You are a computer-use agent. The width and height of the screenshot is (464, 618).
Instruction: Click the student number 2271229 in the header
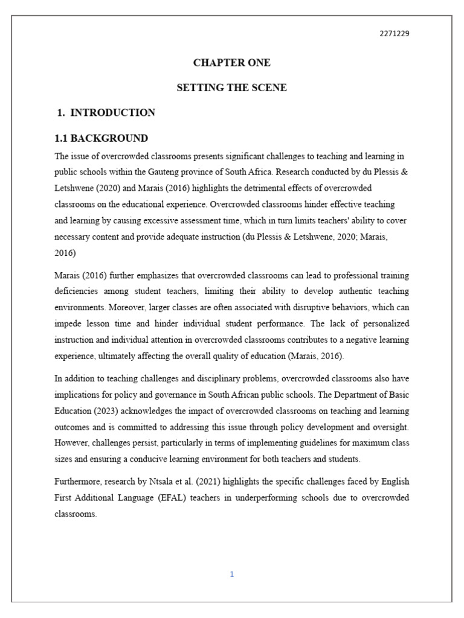[394, 33]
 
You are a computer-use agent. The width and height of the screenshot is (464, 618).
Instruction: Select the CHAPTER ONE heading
[231, 63]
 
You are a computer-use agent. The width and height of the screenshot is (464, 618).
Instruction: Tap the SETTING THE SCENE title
[231, 88]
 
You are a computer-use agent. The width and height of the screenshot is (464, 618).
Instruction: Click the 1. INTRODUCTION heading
[106, 112]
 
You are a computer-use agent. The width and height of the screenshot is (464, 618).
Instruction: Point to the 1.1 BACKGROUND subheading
[101, 138]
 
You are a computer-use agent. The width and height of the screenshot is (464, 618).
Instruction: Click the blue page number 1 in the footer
[231, 574]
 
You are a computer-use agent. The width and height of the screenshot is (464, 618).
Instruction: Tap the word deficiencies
[76, 291]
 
